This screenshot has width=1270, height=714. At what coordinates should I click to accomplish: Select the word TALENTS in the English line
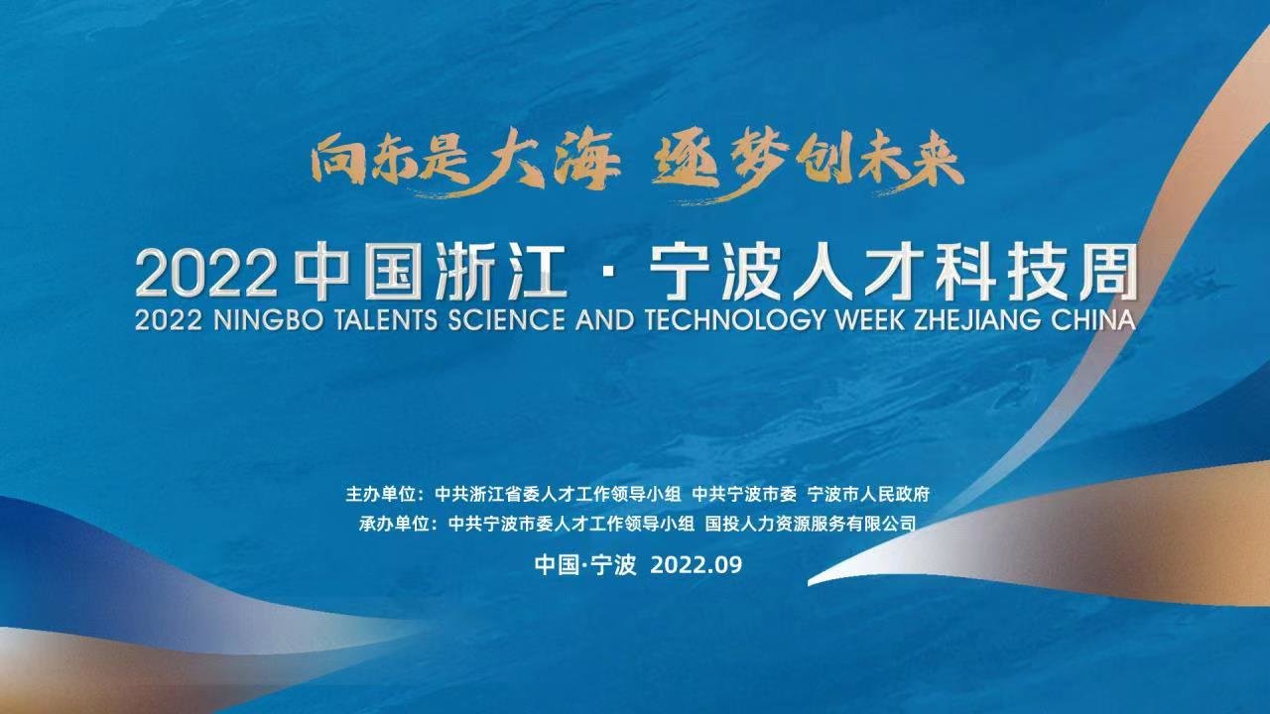[386, 320]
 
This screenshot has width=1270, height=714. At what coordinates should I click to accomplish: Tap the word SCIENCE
[506, 320]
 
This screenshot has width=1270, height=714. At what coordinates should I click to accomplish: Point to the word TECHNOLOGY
[735, 320]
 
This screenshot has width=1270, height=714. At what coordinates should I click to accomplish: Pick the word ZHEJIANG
[978, 320]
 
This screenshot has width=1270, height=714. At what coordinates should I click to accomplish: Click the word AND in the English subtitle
[604, 320]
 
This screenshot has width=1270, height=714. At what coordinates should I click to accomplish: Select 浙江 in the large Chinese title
[501, 271]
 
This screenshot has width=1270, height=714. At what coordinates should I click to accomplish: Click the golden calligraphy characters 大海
[546, 158]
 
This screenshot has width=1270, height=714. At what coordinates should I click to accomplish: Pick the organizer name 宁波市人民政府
[868, 495]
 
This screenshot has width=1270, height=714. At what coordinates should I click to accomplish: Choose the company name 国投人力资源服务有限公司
[811, 524]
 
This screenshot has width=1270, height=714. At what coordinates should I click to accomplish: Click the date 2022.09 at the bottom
[697, 565]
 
